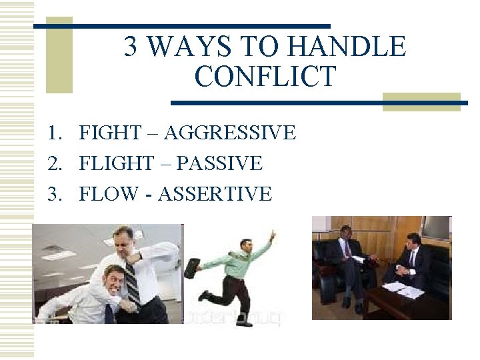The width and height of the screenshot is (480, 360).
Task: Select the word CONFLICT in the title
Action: [265, 77]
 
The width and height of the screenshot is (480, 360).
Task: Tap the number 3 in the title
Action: [131, 47]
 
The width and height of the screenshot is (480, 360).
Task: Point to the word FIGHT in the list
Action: [109, 133]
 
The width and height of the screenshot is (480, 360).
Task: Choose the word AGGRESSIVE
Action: [229, 133]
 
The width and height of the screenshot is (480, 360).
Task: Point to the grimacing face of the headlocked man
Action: [117, 280]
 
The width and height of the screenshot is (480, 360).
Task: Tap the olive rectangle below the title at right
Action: [421, 101]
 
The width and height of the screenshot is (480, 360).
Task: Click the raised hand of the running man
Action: [271, 235]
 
